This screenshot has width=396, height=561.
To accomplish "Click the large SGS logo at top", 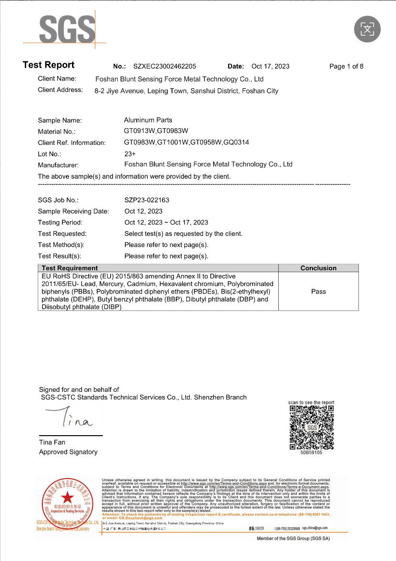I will coord(67,30).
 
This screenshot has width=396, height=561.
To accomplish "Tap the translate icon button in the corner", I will coord(367,29).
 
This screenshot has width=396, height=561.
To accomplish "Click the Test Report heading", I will coord(49,65).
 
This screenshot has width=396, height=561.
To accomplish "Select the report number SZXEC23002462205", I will coord(164,66).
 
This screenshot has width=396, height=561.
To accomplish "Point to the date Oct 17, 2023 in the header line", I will coord(270,66).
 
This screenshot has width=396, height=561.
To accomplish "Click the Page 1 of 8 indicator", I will coord(346,66).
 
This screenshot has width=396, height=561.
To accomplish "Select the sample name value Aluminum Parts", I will coord(148,120).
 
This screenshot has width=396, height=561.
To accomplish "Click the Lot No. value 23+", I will coord(130,154).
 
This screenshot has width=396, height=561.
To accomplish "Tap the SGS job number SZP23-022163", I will coord(147,200).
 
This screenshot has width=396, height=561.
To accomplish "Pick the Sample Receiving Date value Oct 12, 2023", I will coord(143,211).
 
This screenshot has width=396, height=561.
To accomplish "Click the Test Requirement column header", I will coord(70,268).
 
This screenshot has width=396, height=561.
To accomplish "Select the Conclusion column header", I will coord(318,268).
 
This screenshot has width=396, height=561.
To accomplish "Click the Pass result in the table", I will coord(318,291).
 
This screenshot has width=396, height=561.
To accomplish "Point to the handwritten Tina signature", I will coord(71,419).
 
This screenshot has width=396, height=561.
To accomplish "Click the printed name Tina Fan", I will coord(52,442).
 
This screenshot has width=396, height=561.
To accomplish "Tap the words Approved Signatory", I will coord(68,452).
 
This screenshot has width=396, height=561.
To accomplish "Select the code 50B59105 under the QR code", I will coord(311,452).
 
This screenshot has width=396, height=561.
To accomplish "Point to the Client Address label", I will coord(60,90).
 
